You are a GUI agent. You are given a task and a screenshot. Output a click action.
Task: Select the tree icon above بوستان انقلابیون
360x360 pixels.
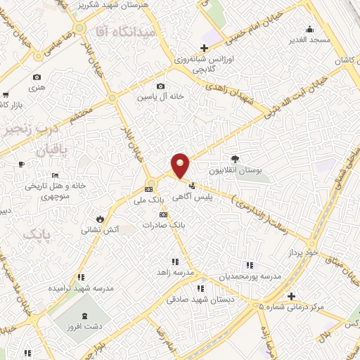(x=235, y=159)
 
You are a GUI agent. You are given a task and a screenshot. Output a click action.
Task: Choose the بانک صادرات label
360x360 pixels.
(x=162, y=226)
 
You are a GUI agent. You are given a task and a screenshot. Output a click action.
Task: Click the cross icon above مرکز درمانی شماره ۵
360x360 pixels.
(x=292, y=295)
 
